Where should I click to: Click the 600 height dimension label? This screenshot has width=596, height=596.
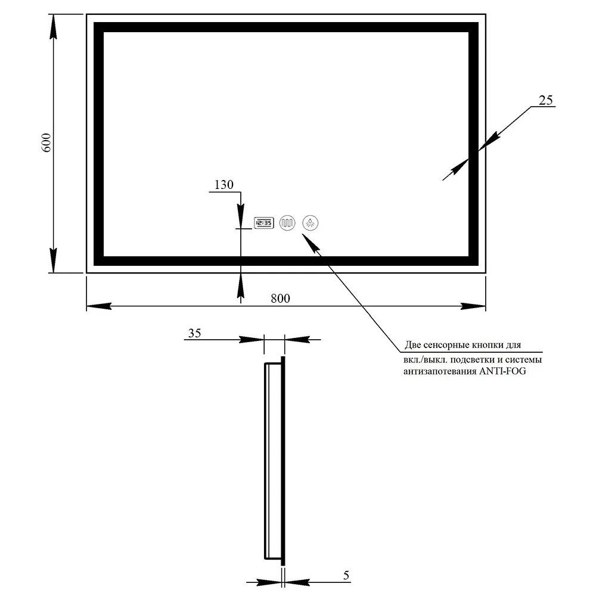point(46,142)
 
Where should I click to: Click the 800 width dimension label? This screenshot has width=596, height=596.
point(281,299)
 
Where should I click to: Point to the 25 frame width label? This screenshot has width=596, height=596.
point(546,100)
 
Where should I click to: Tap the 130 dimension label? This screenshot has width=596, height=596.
point(224,185)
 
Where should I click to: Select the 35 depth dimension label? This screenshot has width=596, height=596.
point(195,333)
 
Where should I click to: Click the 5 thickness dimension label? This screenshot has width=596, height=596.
point(346,575)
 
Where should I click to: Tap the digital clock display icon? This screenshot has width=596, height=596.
point(264,223)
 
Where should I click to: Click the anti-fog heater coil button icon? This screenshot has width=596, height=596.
point(287,223)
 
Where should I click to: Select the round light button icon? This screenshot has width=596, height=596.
point(311,223)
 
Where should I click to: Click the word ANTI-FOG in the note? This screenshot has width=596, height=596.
point(502,371)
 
